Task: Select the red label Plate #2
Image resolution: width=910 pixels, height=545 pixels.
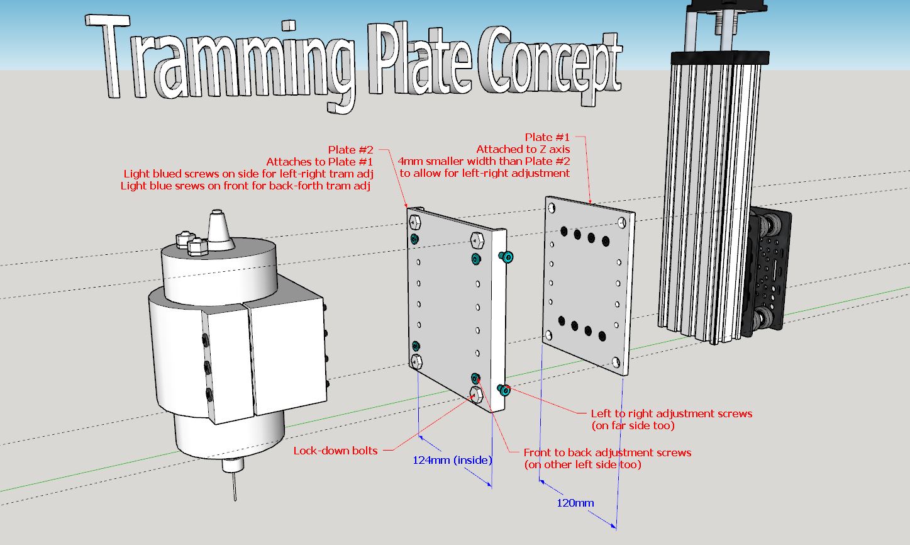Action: click(x=350, y=150)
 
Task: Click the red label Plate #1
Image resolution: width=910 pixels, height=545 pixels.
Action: click(x=547, y=137)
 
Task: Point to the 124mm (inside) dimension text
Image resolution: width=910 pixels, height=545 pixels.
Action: click(x=452, y=460)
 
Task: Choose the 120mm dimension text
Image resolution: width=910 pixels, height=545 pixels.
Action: click(x=575, y=503)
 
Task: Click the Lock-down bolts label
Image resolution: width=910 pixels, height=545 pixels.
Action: click(x=336, y=451)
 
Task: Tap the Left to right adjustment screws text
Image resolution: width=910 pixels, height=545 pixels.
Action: click(x=671, y=413)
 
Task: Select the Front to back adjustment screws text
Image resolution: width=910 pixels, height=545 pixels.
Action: click(x=608, y=452)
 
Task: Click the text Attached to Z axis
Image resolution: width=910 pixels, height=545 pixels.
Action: click(x=523, y=149)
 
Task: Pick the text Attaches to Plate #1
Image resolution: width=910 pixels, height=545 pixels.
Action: click(x=319, y=162)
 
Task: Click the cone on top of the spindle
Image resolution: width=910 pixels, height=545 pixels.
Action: click(x=219, y=230)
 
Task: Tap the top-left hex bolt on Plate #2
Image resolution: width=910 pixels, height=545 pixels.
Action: click(x=415, y=222)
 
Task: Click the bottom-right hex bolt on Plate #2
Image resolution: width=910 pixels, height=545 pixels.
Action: click(x=476, y=394)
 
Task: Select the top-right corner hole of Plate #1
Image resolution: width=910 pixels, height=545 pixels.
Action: click(x=622, y=222)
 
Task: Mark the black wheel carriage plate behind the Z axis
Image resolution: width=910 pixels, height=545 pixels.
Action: click(x=769, y=271)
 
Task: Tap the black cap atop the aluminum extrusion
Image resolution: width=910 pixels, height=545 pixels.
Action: click(x=720, y=57)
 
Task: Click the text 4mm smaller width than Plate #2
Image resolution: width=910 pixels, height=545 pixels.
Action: click(x=484, y=161)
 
